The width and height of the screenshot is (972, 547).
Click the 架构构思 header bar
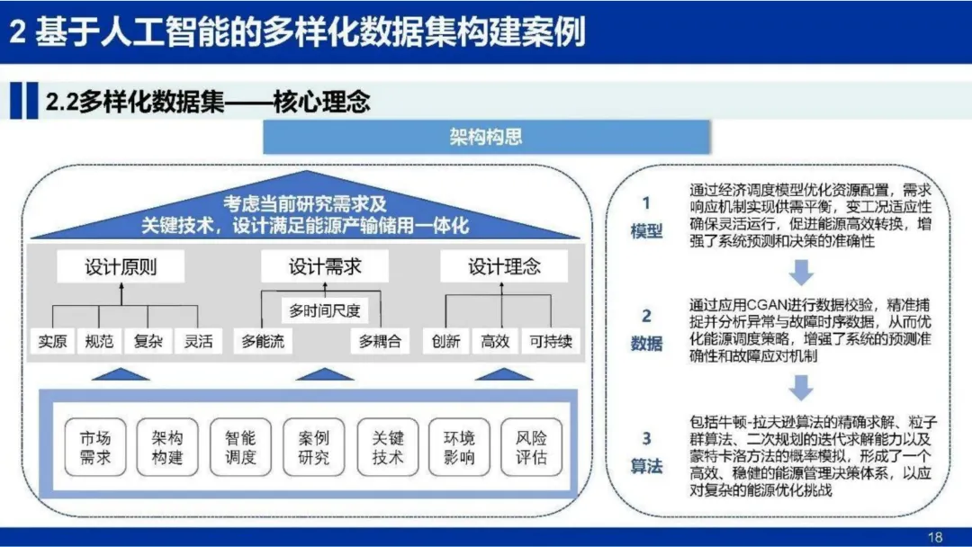tap(485, 137)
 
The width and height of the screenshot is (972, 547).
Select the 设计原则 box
tap(121, 266)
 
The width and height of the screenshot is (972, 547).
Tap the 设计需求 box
tap(324, 266)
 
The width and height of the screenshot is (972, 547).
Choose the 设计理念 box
tap(504, 266)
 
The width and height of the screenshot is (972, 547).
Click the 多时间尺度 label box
tap(324, 311)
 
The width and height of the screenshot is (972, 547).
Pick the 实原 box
tap(52, 342)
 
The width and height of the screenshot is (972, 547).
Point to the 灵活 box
tap(198, 342)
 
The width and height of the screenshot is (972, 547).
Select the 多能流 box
tap(263, 342)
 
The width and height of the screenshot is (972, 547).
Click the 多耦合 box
tap(379, 342)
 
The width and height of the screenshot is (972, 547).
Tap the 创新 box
tap(445, 342)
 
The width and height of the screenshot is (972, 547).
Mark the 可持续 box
tap(550, 342)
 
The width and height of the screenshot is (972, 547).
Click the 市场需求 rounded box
tap(95, 447)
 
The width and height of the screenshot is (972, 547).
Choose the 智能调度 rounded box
tap(240, 447)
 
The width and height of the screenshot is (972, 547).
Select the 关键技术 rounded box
tap(388, 447)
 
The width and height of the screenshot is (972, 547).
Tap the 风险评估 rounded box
tap(531, 447)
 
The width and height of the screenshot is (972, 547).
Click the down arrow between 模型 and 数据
tap(801, 273)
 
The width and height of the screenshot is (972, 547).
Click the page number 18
tap(935, 537)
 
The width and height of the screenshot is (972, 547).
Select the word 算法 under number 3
tap(646, 467)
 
